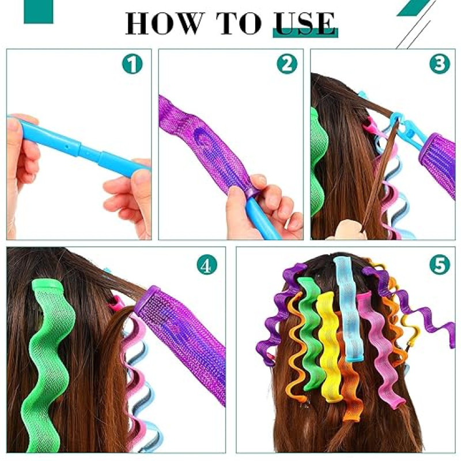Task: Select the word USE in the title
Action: pyautogui.click(x=305, y=23)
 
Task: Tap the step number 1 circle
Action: pyautogui.click(x=133, y=63)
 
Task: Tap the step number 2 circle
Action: pyautogui.click(x=287, y=63)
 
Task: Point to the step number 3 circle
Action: pyautogui.click(x=440, y=63)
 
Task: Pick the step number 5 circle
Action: pyautogui.click(x=440, y=264)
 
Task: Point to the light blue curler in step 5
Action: pyautogui.click(x=349, y=309)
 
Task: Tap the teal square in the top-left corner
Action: pyautogui.click(x=39, y=12)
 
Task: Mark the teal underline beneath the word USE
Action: pyautogui.click(x=305, y=33)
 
